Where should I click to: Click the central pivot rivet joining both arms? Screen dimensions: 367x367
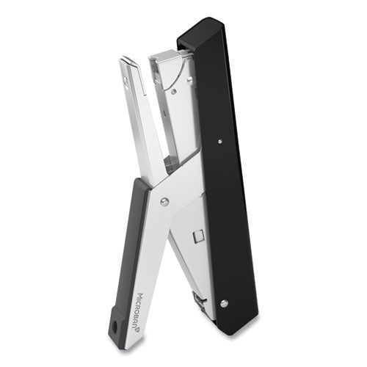(x=164, y=201)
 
